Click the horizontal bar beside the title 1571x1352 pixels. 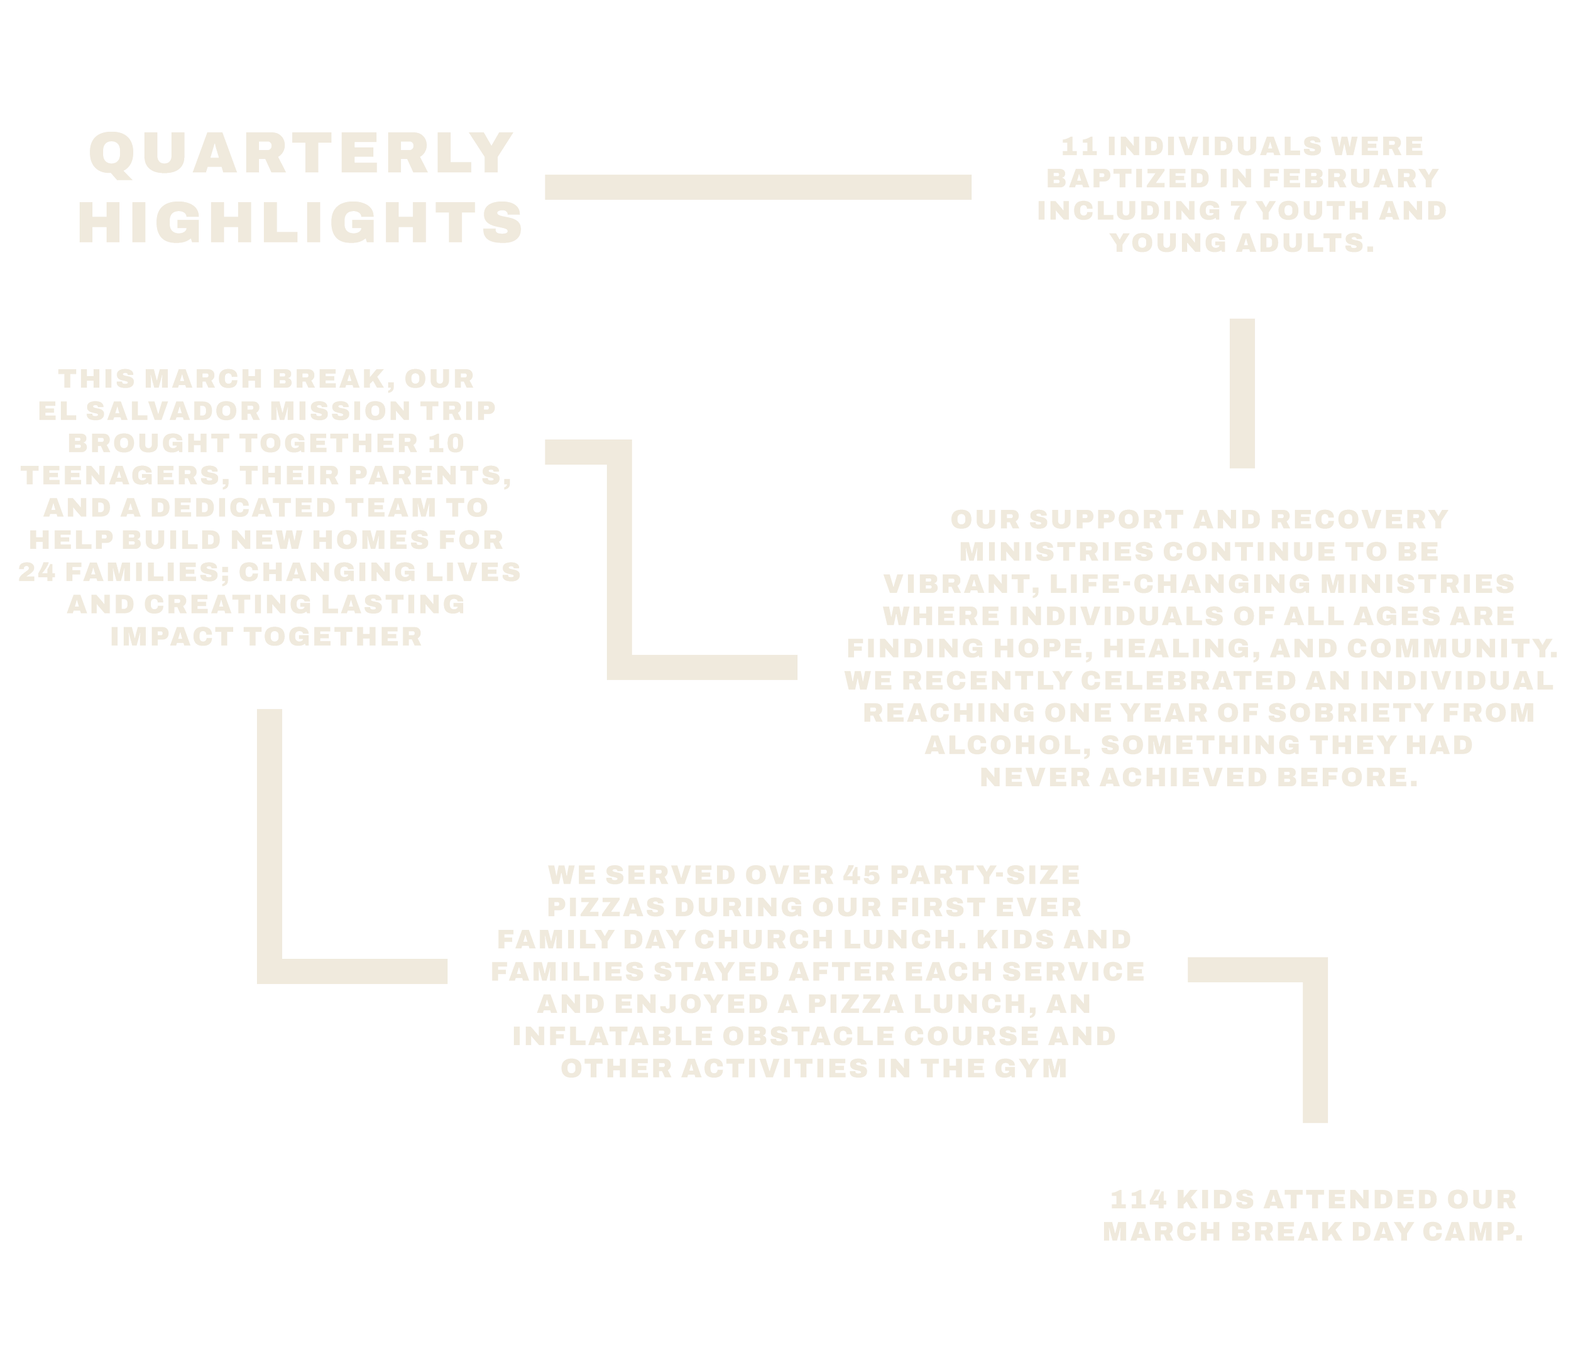pos(758,187)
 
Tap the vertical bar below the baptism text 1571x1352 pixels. pos(1242,392)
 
